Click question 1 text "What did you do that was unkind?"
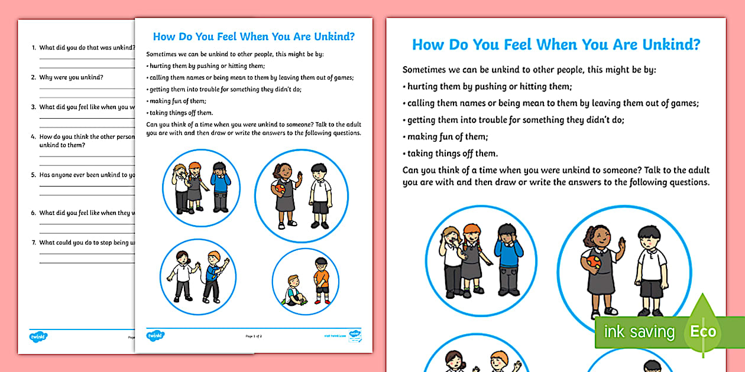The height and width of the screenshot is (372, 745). (x=86, y=47)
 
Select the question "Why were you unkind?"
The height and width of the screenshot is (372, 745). (x=71, y=77)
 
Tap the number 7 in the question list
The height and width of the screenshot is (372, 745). (x=34, y=243)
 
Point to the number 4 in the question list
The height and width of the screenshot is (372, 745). (x=34, y=136)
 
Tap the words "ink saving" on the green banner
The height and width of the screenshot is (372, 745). (x=639, y=332)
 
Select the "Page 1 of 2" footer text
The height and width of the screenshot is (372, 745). (x=254, y=336)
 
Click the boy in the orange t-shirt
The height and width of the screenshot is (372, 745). (x=321, y=282)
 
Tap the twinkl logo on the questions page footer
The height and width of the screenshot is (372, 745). (x=38, y=337)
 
